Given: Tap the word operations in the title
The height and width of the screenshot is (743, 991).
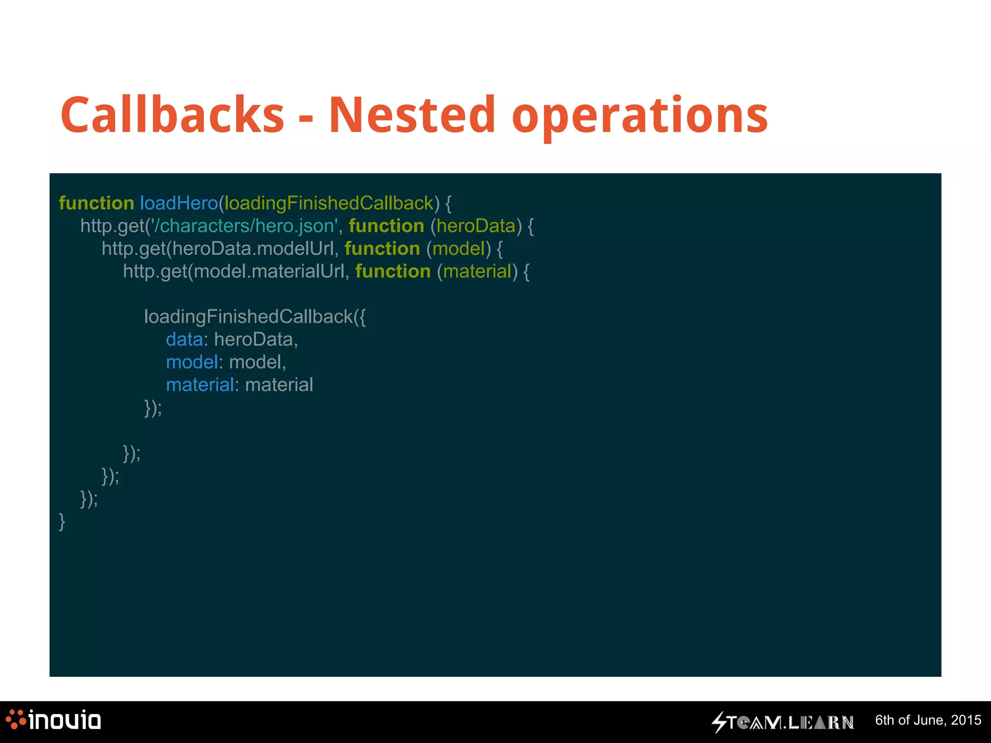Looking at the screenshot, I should point(639,116).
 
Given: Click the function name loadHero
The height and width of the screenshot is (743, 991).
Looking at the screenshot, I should point(179,203).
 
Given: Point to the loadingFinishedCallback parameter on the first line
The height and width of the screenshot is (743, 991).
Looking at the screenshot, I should point(329,203).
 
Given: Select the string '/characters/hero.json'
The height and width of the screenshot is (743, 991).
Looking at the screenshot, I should point(244,226).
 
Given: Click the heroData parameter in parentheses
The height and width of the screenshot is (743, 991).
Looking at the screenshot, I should point(476,226).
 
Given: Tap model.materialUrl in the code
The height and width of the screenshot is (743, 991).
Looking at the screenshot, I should point(269,271).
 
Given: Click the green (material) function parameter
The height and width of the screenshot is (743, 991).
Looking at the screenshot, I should point(477,271).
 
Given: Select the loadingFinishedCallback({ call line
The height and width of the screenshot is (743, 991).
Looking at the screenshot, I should point(255,317).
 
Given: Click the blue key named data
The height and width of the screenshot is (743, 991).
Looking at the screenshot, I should point(184,340).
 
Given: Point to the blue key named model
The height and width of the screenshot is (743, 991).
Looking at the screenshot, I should point(192,362).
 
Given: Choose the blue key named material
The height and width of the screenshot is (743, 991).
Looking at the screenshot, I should point(200,385).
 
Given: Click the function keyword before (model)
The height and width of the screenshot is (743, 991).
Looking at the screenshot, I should point(382,249).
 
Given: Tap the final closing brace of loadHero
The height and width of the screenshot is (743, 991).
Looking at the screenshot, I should point(62,521).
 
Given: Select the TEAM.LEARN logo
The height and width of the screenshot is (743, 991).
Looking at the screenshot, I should point(782,722).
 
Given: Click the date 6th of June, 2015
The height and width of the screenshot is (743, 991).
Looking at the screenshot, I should point(928,720).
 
